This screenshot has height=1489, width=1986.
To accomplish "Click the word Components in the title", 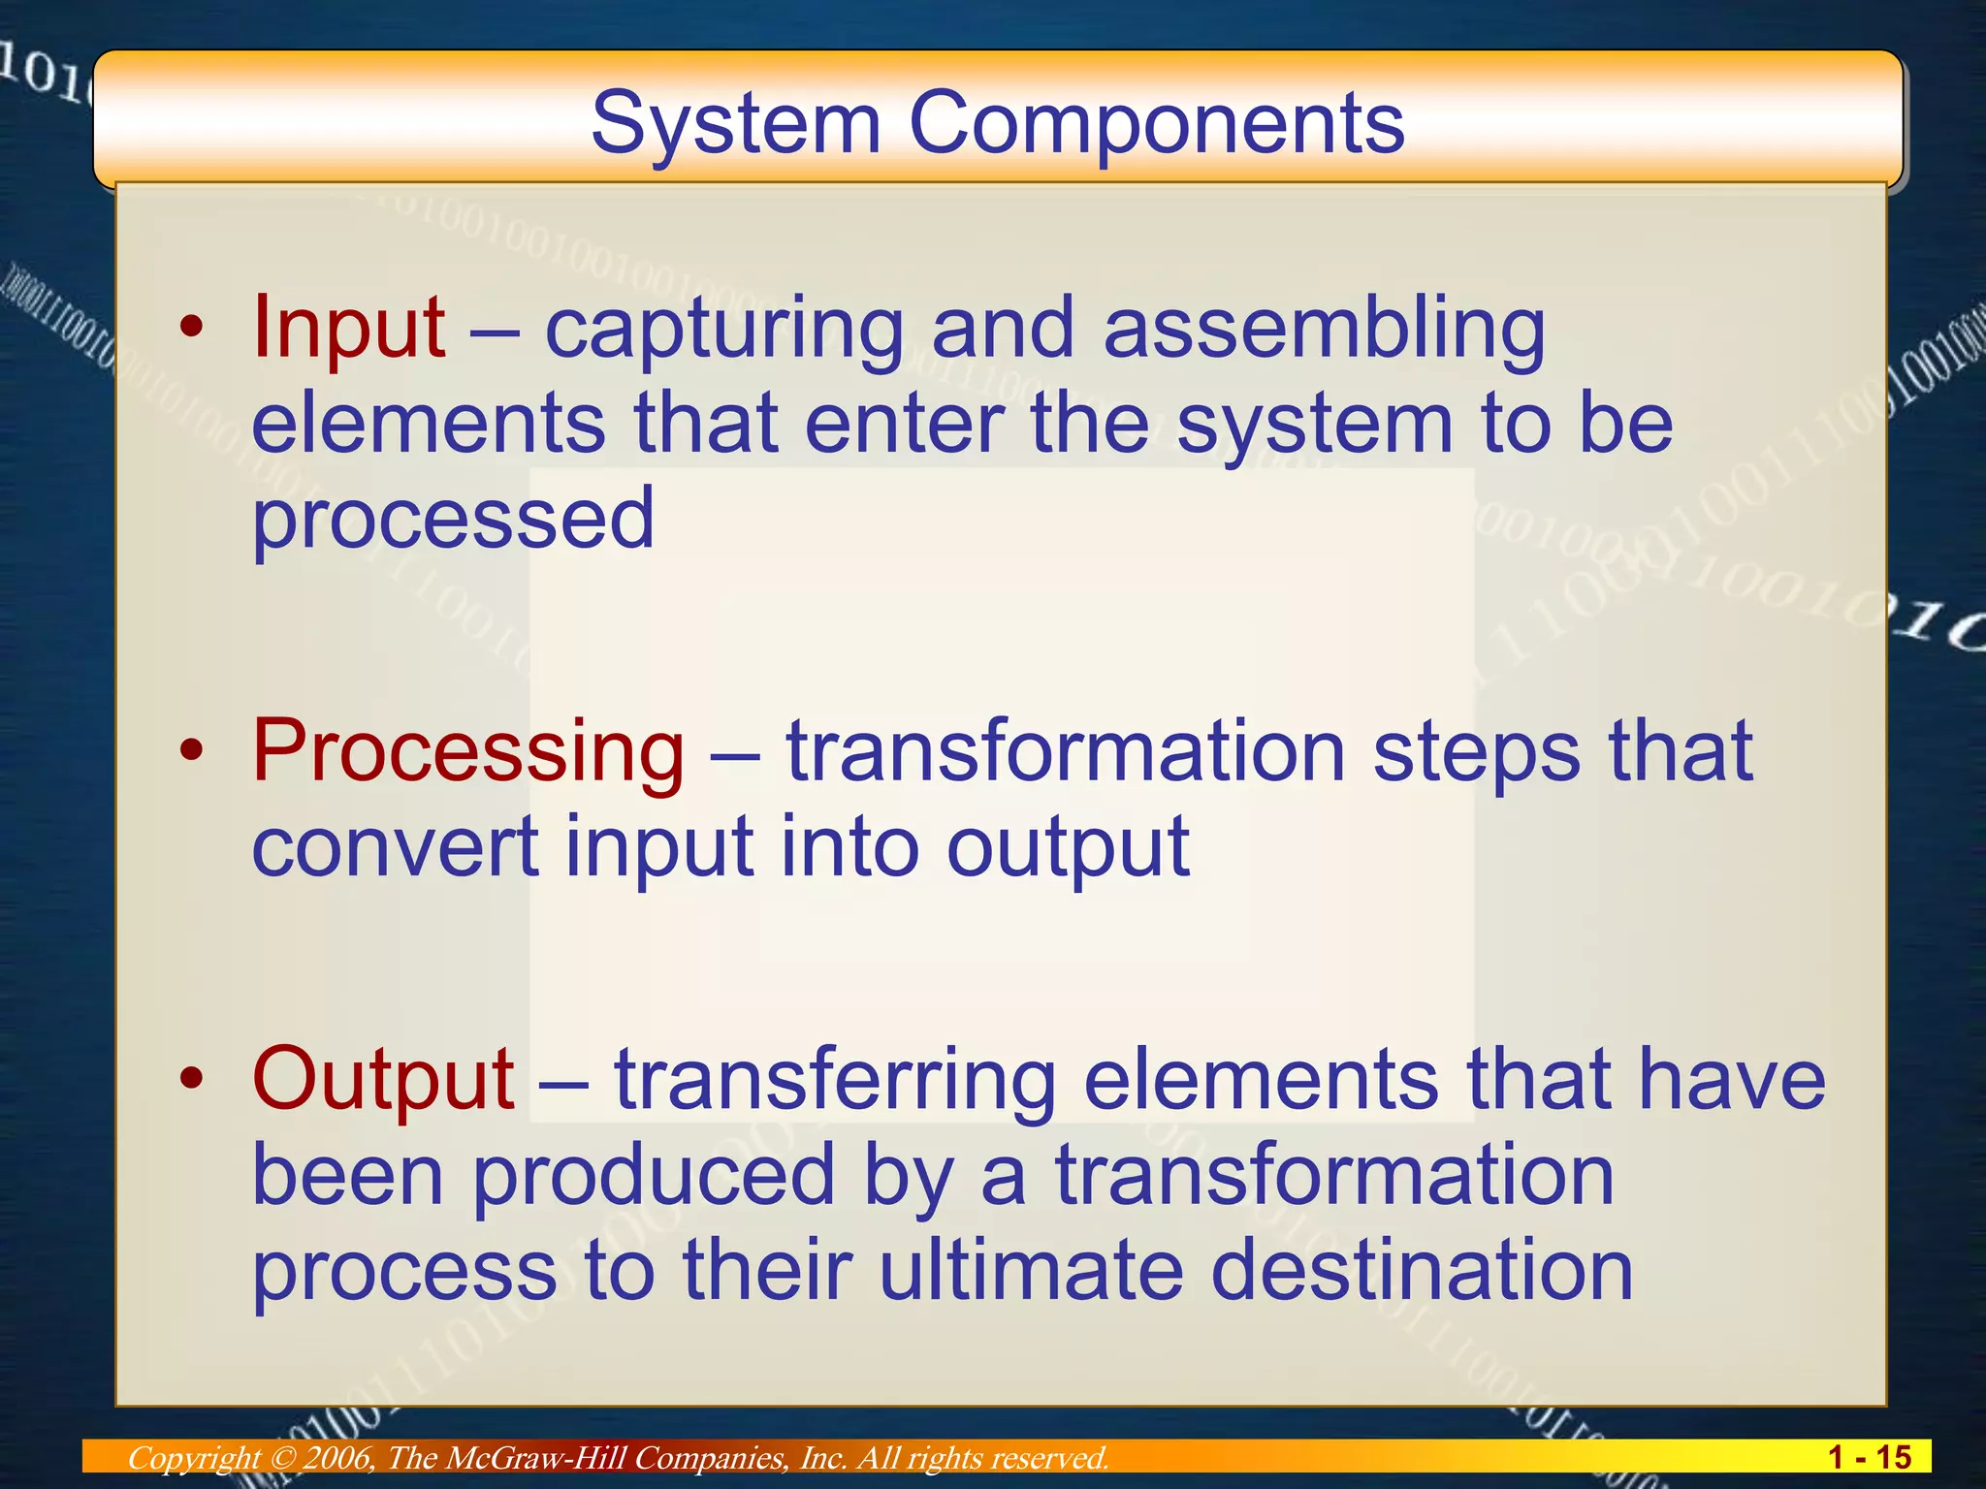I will (x=1156, y=123).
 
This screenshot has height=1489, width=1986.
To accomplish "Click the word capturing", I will (x=723, y=330).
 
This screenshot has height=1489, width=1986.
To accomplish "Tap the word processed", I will (x=454, y=519).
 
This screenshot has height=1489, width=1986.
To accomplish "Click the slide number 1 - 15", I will (x=1869, y=1457).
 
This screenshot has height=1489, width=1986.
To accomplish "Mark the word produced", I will (x=654, y=1175).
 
